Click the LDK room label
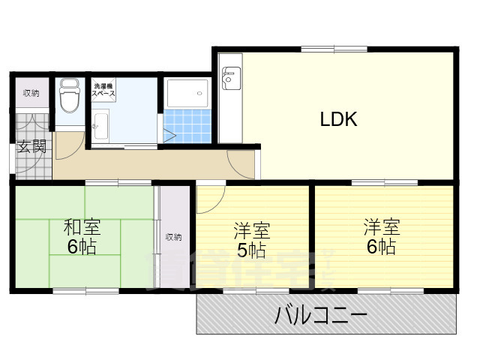coord(338,118)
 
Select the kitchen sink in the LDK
coord(229,75)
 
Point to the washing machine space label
coord(103,90)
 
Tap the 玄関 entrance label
coord(31,146)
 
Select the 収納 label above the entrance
coord(31,93)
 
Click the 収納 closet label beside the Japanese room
coord(173,237)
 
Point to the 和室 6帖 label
coord(82,236)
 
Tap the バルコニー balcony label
coord(321,314)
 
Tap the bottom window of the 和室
coord(82,290)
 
